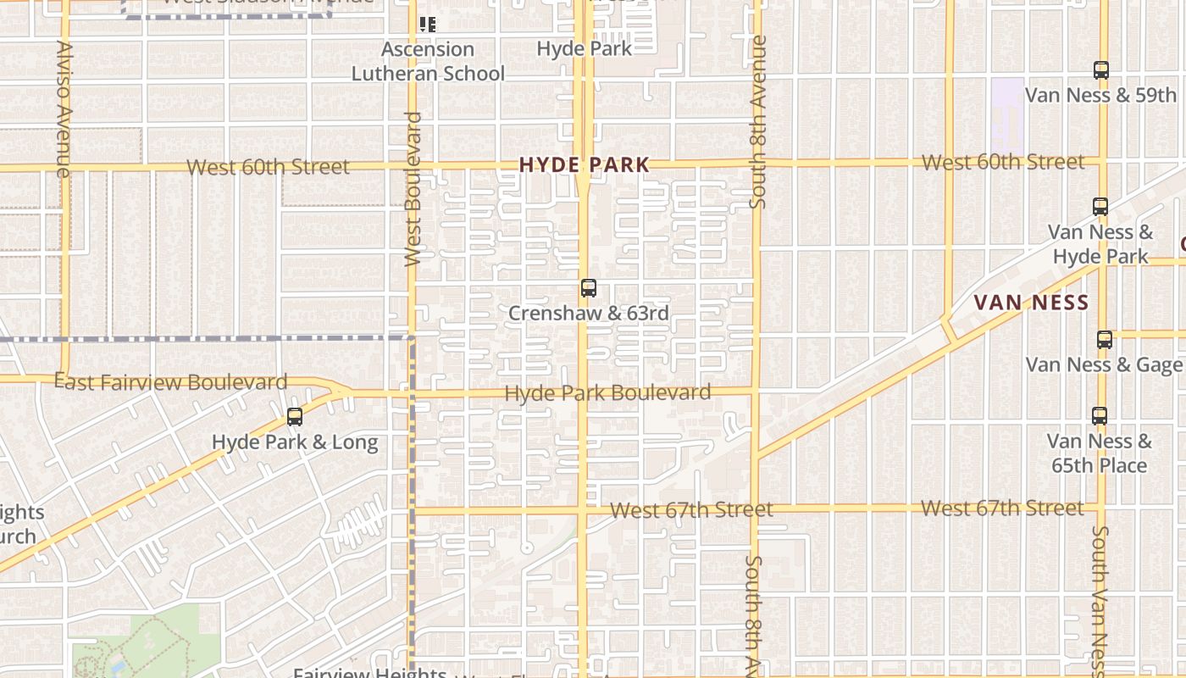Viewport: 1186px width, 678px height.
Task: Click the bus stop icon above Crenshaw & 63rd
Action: (x=589, y=288)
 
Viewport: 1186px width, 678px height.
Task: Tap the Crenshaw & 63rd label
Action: (x=589, y=314)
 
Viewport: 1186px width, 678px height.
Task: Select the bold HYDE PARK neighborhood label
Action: (x=585, y=165)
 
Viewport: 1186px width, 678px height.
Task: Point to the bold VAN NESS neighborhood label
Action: (x=1031, y=303)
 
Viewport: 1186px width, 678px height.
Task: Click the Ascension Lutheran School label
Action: (x=428, y=62)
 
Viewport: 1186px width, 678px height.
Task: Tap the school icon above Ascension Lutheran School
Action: (x=428, y=25)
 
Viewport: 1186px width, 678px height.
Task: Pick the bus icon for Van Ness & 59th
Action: (x=1100, y=70)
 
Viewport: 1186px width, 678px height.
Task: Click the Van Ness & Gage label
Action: (x=1104, y=365)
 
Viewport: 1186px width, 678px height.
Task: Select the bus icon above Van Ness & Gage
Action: (x=1104, y=340)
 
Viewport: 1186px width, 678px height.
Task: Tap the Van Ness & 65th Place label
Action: (x=1099, y=453)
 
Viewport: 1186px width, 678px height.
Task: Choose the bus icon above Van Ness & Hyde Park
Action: (x=1100, y=206)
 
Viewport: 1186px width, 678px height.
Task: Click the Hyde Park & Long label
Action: (x=295, y=442)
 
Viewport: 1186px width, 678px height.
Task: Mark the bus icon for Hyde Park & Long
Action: (x=295, y=417)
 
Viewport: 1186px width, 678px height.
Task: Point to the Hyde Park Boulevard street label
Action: (x=607, y=393)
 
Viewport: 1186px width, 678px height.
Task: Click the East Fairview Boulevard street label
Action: (x=171, y=382)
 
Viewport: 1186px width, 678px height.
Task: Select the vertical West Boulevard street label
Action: (x=413, y=188)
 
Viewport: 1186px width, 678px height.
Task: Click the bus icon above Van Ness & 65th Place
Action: (x=1099, y=416)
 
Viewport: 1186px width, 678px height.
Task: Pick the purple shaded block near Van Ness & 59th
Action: (x=1006, y=110)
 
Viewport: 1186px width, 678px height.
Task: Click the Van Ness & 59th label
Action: (x=1100, y=95)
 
